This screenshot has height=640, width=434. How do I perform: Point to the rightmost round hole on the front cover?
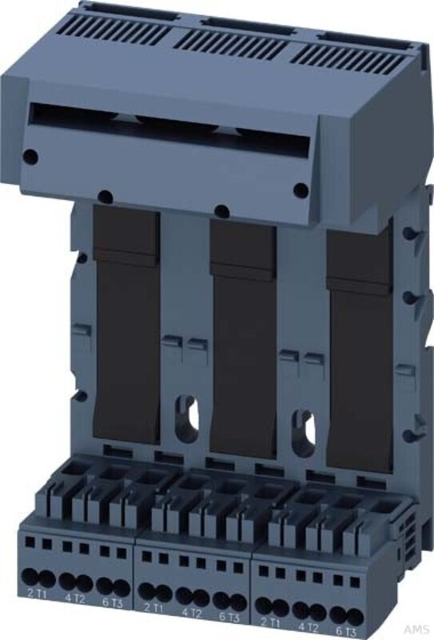coord(301,190)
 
